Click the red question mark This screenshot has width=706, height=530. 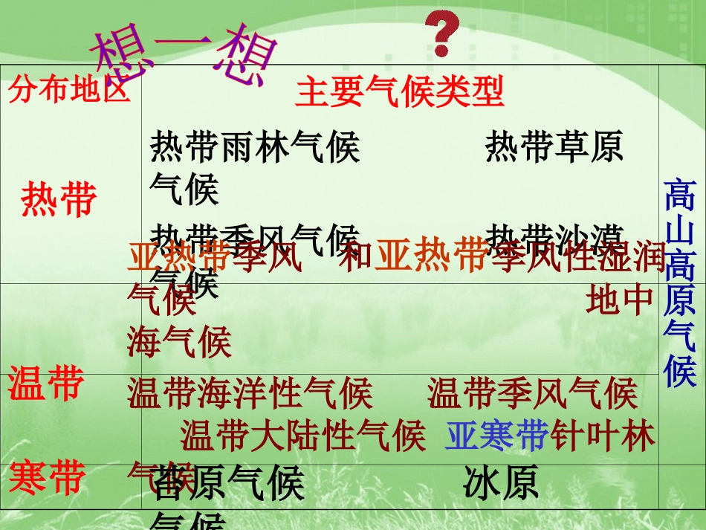[x=442, y=33]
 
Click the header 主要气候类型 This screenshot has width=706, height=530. [x=400, y=92]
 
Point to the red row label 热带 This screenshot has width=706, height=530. [x=59, y=199]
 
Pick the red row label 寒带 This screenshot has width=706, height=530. [x=46, y=477]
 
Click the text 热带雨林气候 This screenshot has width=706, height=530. [x=255, y=146]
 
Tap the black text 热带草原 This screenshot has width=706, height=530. [x=554, y=146]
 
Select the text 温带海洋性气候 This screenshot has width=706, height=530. [x=250, y=394]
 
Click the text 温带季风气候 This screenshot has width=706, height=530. [x=532, y=394]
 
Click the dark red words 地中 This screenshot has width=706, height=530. [x=619, y=301]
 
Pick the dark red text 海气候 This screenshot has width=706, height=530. [x=179, y=343]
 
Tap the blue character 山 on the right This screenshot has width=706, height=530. [x=679, y=232]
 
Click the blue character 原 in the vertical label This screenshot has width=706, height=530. [x=679, y=300]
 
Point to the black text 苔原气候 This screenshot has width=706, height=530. [x=227, y=484]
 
